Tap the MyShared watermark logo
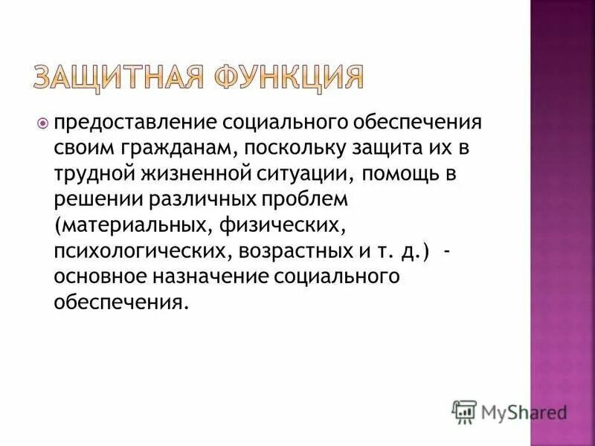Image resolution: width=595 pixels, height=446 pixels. (x=509, y=410)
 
